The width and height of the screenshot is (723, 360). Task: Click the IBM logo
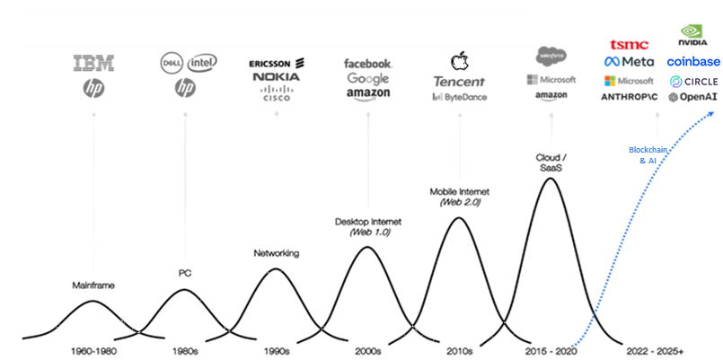pyautogui.click(x=93, y=63)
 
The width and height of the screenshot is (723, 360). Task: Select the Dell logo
pyautogui.click(x=171, y=63)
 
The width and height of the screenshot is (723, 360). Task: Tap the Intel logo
pyautogui.click(x=201, y=62)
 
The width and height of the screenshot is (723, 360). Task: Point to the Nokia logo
pyautogui.click(x=276, y=77)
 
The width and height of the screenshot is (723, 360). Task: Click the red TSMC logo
pyautogui.click(x=629, y=45)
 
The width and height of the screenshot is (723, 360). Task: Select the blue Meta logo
pyautogui.click(x=629, y=62)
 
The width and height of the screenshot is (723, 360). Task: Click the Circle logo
pyautogui.click(x=694, y=82)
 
